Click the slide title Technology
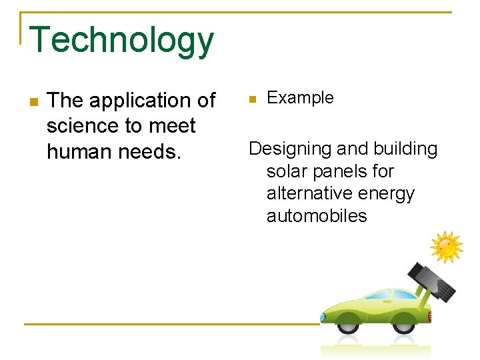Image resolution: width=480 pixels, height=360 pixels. click(x=122, y=40)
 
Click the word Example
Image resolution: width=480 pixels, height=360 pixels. click(x=300, y=98)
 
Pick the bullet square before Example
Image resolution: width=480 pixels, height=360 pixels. click(x=252, y=99)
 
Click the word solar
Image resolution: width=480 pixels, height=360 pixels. click(x=288, y=171)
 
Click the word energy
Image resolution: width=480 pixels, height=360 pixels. click(x=387, y=193)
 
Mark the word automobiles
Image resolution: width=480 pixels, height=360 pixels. click(x=317, y=216)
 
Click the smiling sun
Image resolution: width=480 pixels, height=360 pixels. click(x=446, y=247)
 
